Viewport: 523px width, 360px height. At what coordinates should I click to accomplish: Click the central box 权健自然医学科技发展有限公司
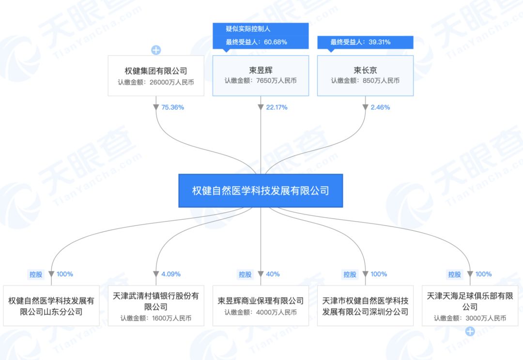[261, 191]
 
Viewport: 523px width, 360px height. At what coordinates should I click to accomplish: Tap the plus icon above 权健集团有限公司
[156, 50]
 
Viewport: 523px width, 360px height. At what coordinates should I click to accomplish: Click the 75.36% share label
[172, 107]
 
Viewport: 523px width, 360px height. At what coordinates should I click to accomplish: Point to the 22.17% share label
[277, 107]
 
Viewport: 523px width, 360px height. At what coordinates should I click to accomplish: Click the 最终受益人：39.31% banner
[360, 42]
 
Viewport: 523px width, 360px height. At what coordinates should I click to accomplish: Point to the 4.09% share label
[171, 274]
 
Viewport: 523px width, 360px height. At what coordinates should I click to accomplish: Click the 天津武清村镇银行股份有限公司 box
[156, 306]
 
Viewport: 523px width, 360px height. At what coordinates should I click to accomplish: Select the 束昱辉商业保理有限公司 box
[261, 306]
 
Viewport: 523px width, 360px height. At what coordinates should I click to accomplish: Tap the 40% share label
[273, 274]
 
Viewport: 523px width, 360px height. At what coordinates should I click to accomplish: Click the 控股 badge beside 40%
[245, 274]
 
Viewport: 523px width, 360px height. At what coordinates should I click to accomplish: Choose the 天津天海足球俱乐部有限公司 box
[470, 306]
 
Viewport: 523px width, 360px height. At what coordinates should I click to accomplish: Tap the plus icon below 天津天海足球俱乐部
[470, 331]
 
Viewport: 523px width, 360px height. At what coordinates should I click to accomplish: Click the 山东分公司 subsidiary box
[51, 306]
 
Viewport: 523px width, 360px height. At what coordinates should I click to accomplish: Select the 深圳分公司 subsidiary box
[365, 306]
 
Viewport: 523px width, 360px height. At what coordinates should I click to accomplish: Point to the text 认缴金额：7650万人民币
[261, 81]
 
